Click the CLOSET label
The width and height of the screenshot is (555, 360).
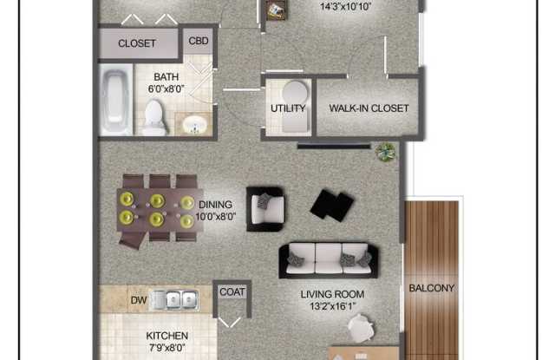click(x=137, y=43)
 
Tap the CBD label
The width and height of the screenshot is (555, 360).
click(x=199, y=41)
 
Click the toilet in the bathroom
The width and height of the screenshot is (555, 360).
click(x=154, y=116)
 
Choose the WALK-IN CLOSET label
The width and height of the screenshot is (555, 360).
click(x=369, y=108)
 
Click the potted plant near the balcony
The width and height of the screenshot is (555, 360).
click(x=385, y=152)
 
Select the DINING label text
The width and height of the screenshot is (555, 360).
click(x=215, y=205)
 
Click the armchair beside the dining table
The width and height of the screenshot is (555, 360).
click(x=265, y=208)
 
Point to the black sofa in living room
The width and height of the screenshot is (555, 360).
click(x=326, y=258)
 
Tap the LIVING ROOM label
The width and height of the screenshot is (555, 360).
click(x=332, y=294)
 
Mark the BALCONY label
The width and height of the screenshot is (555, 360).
click(x=431, y=288)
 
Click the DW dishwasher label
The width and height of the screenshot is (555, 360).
click(x=139, y=300)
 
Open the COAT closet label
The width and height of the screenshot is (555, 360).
click(x=232, y=292)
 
